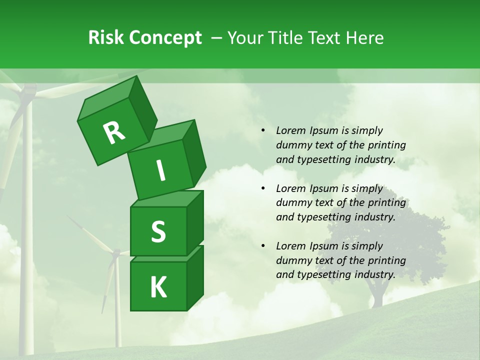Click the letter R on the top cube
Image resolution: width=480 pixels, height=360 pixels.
[114, 133]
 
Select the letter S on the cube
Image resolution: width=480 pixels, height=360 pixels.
[158, 231]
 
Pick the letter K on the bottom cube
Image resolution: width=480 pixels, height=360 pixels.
[158, 287]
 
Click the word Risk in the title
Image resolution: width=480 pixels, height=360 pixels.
[105, 38]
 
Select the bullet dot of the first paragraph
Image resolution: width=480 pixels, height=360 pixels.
[263, 130]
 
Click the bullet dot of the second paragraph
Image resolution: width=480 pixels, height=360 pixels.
[263, 188]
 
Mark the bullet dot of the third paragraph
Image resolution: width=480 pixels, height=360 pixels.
[263, 246]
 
